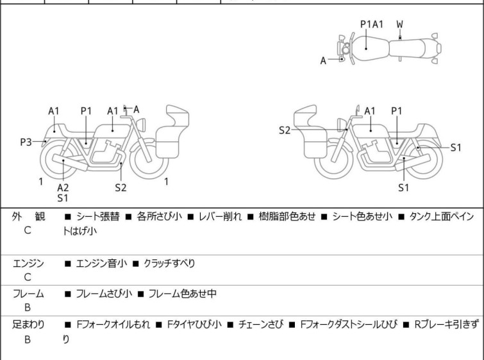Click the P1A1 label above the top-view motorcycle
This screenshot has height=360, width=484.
point(371,24)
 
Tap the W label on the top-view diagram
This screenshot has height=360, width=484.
point(400,24)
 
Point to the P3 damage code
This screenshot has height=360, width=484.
point(26,142)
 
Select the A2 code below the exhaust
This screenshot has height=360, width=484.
point(63,187)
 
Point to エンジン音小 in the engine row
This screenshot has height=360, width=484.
point(101,264)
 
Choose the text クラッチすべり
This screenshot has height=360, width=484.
point(169,264)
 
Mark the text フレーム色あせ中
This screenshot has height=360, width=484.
point(181,294)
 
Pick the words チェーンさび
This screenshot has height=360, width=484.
point(263,324)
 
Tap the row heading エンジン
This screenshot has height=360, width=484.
point(28,264)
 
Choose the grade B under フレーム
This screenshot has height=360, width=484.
point(28,307)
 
